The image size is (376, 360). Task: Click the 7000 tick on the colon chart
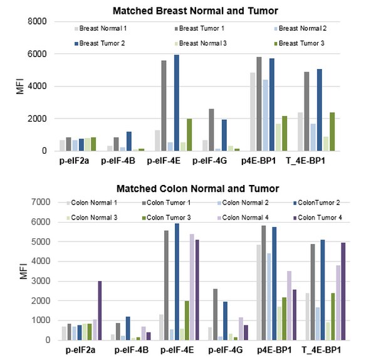point(39,202)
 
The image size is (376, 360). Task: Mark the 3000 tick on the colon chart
point(39,281)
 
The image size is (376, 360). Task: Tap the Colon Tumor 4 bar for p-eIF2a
point(100,310)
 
